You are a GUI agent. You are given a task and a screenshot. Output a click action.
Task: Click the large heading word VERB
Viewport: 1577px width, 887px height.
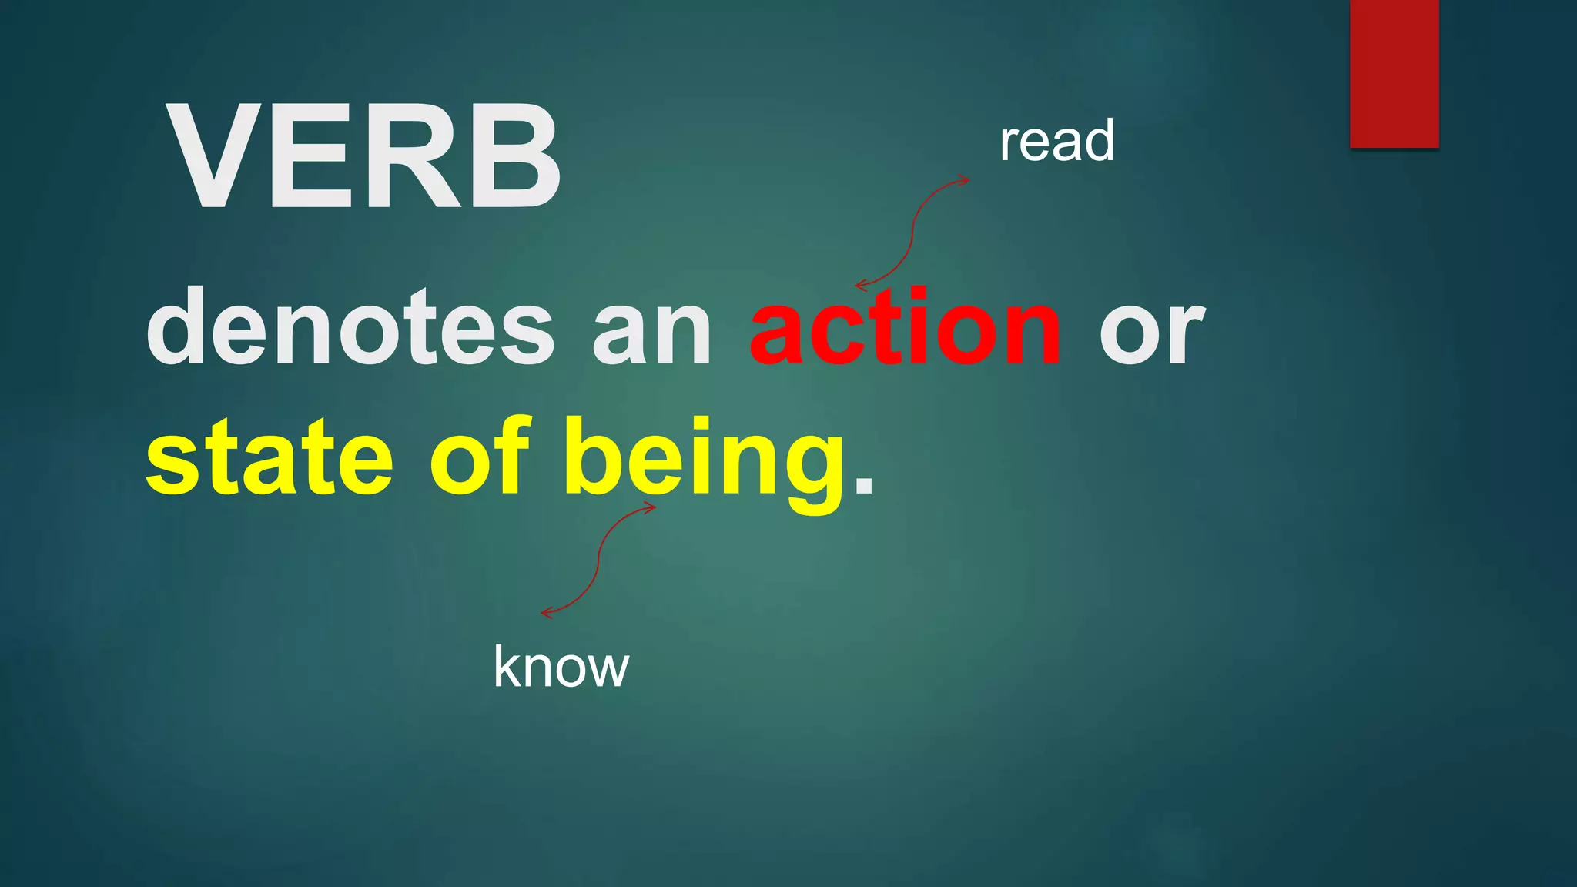[363, 157]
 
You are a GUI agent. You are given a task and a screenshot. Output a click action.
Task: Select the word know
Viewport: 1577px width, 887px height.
[561, 667]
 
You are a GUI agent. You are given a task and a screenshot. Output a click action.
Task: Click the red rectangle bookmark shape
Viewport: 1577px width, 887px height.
[1394, 73]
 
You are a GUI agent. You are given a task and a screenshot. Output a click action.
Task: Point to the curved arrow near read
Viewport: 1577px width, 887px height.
[913, 231]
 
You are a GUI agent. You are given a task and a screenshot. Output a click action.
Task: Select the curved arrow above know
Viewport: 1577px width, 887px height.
[598, 559]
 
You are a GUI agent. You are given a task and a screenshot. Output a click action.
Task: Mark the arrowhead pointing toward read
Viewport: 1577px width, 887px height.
[964, 181]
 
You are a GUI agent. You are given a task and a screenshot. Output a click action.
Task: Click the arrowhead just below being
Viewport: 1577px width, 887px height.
[650, 507]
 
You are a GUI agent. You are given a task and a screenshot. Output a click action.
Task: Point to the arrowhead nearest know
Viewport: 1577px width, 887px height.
[547, 613]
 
